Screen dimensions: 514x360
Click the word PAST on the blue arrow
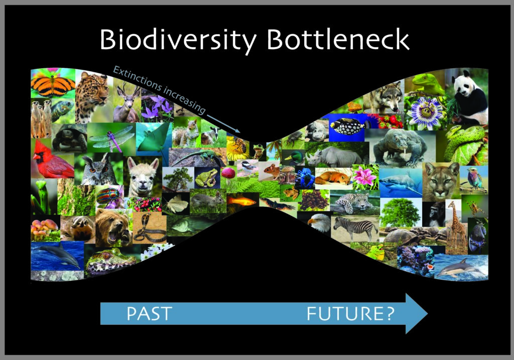149,313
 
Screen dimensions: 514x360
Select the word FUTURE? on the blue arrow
350,313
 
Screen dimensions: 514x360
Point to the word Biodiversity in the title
178,41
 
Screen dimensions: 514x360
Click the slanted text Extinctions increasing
160,88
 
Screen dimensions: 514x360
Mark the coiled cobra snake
150,228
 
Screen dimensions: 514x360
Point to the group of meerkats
41,118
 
